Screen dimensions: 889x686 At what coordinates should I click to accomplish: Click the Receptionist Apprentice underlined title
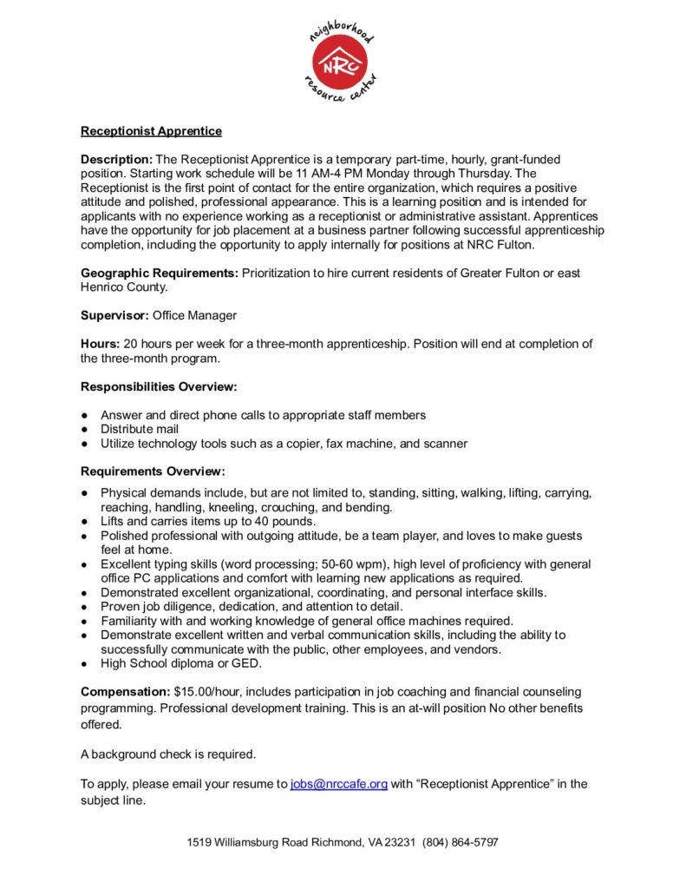coord(151,131)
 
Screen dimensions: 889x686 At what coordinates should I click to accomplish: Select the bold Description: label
coord(116,160)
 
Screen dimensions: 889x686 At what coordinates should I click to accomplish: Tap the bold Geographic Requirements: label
coord(160,273)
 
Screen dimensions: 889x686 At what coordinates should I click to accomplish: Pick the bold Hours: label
coord(101,344)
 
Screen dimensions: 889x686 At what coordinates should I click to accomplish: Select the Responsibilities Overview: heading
coord(159,386)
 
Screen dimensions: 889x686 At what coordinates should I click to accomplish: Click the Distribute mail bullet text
coord(140,429)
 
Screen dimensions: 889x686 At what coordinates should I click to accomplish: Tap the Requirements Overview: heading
coord(153,471)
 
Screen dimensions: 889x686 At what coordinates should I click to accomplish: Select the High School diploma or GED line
coord(181,663)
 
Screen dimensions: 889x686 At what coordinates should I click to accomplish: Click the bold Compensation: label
coord(125,692)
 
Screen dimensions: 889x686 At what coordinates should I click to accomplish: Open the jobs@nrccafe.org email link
coord(338,784)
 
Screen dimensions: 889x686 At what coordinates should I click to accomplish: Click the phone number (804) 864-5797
coord(461,842)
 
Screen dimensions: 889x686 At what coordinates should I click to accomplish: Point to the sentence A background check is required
coord(168,754)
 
